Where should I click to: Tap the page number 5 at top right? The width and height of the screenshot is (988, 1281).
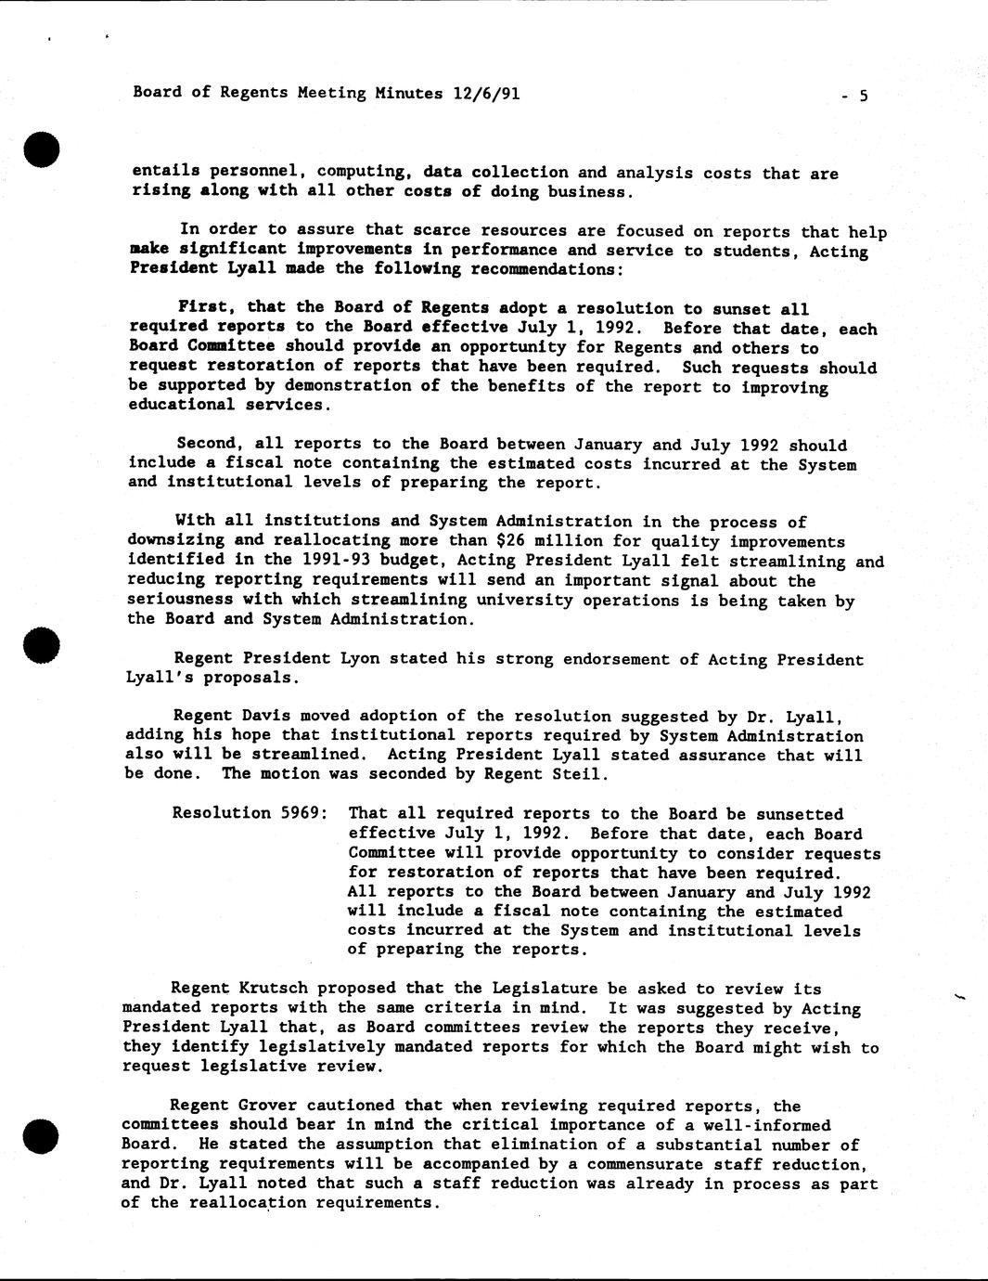pos(863,95)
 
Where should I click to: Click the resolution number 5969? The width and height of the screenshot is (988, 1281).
pos(300,813)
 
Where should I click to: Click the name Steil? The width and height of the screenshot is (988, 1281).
pos(582,774)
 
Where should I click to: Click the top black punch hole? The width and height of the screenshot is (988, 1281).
pos(44,149)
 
